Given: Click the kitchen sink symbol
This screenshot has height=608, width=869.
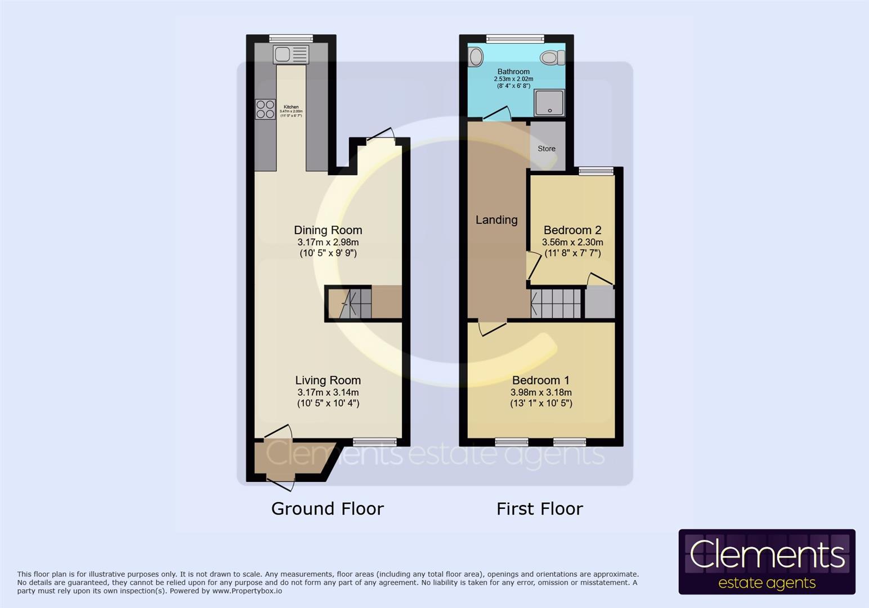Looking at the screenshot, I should click(x=291, y=55).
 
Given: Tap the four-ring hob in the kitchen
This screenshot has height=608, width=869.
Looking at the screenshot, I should click(x=265, y=109).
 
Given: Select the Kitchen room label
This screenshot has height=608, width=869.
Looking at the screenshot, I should click(x=291, y=107).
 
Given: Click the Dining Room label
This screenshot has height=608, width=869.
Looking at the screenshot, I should click(x=328, y=230).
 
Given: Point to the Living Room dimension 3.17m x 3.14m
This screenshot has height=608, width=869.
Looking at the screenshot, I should click(x=328, y=392).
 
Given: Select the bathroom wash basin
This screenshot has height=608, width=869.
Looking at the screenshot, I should click(x=476, y=57).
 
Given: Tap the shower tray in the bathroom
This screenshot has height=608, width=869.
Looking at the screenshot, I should click(x=549, y=103).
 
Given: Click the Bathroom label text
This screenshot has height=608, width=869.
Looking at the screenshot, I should click(x=513, y=71).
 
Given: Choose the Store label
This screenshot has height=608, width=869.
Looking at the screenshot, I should click(x=546, y=149).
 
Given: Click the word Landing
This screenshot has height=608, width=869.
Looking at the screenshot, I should click(x=496, y=220).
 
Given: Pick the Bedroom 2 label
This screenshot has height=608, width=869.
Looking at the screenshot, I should click(x=572, y=230).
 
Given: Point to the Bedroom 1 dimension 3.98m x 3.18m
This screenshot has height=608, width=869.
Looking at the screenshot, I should click(x=541, y=392).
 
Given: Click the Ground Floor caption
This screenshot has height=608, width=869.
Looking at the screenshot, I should click(x=327, y=509).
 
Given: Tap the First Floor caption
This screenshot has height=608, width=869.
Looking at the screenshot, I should click(x=539, y=509).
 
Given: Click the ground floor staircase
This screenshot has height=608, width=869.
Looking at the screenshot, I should click(x=349, y=303).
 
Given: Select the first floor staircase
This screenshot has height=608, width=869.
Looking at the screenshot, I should click(x=556, y=303).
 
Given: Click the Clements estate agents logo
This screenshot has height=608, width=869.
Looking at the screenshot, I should click(x=767, y=562).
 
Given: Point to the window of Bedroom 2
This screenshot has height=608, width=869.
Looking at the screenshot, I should click(x=596, y=171).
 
